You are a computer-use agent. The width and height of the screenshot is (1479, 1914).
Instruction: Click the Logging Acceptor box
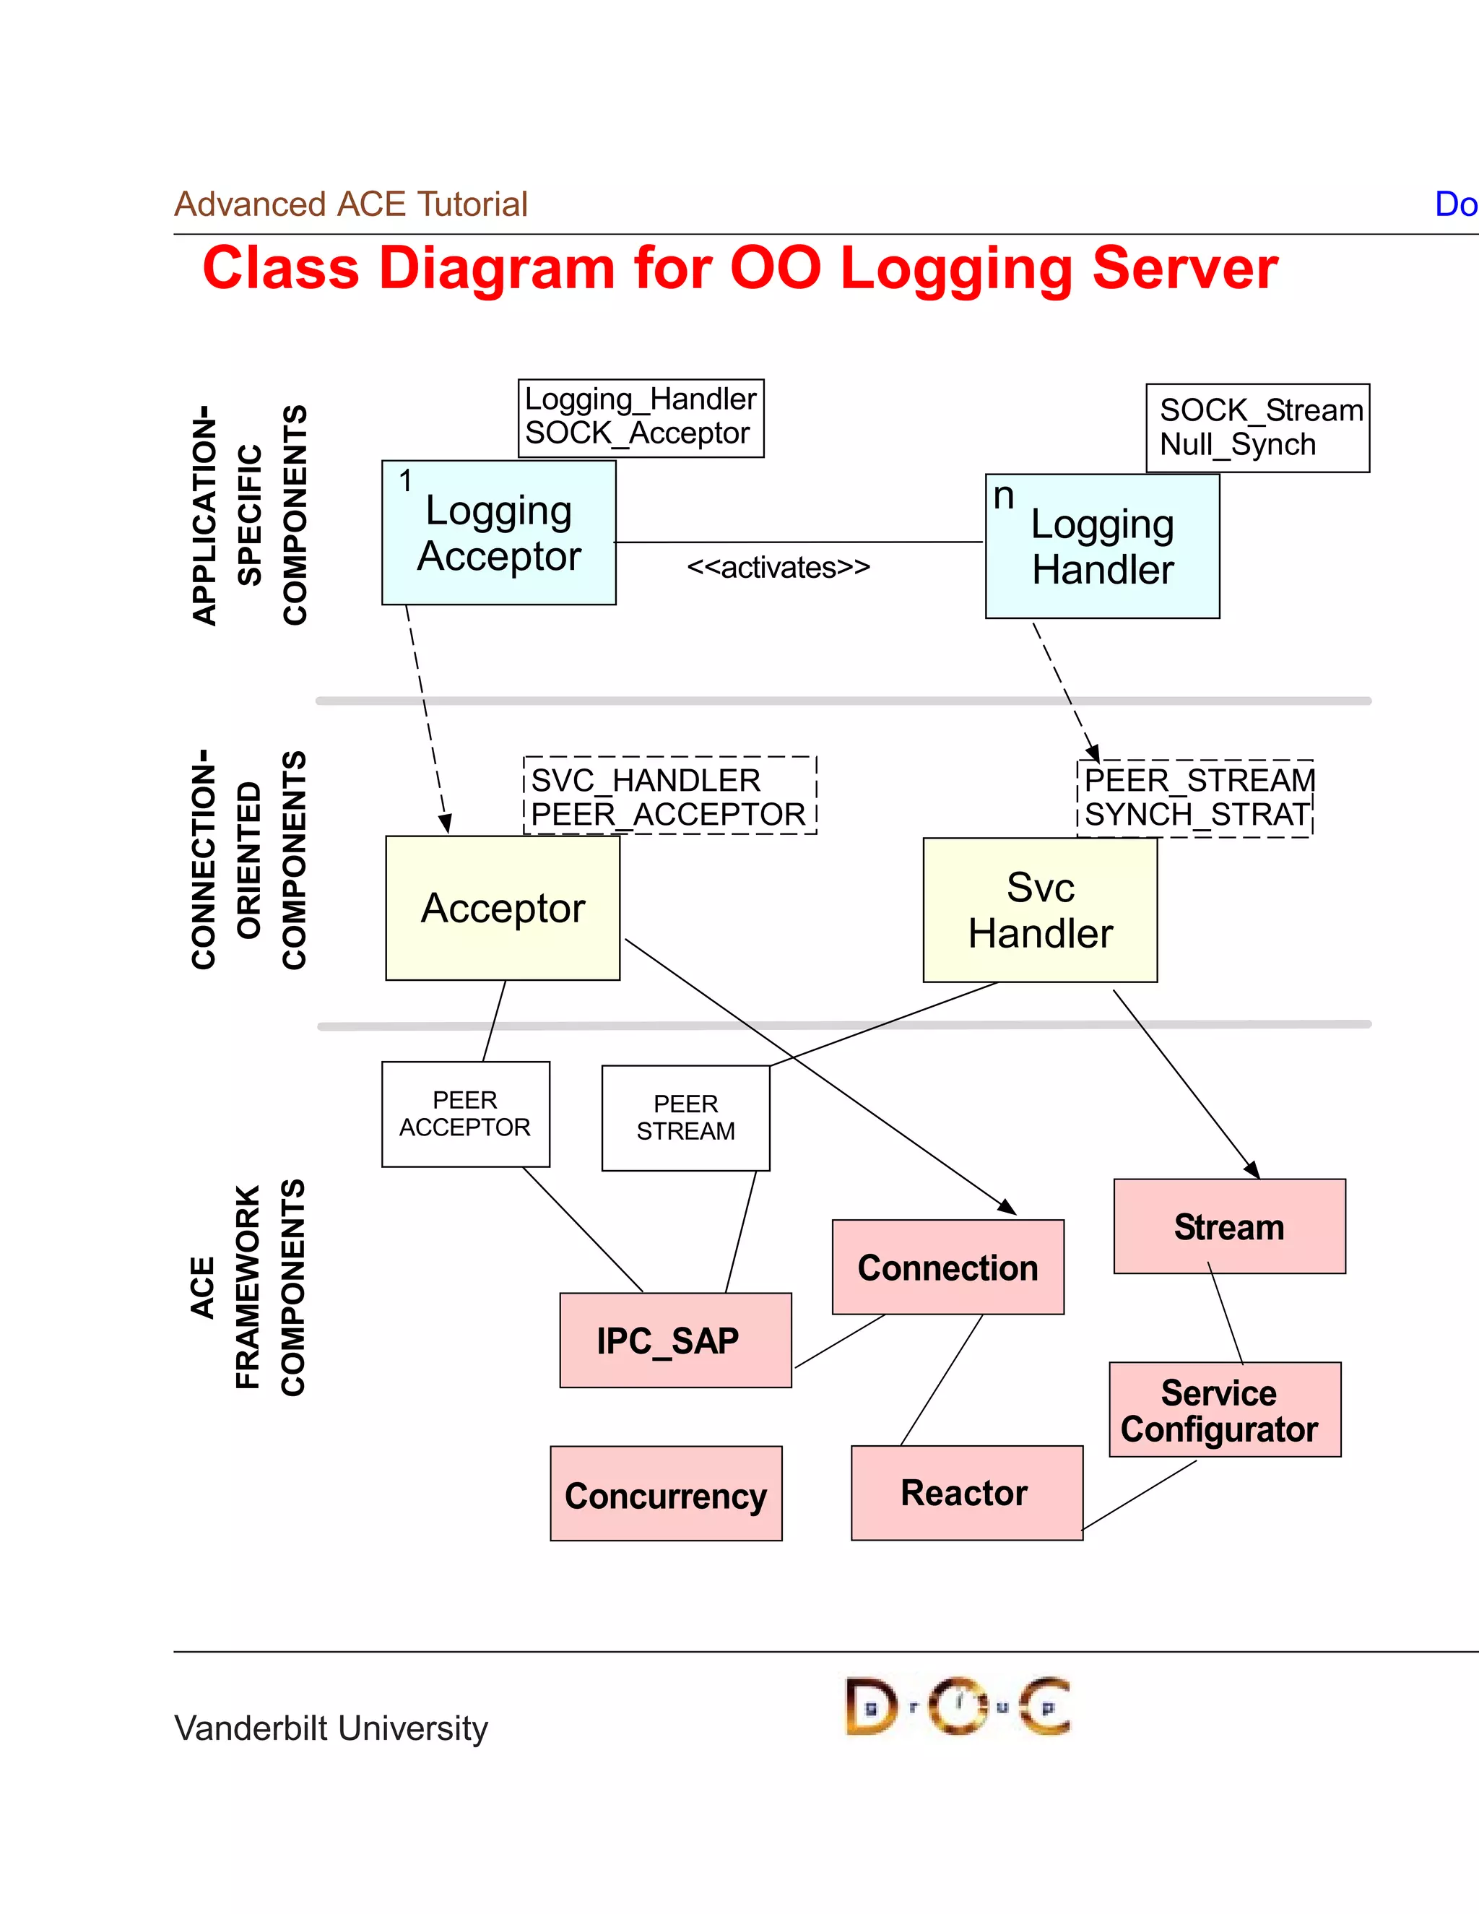click(498, 533)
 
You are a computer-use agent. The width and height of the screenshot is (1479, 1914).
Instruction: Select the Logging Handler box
click(1102, 547)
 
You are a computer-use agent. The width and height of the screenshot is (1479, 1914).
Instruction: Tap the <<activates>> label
click(778, 568)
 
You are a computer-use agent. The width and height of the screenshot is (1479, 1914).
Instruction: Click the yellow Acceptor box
click(502, 908)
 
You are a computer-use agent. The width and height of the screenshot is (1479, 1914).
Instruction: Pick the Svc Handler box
click(1040, 909)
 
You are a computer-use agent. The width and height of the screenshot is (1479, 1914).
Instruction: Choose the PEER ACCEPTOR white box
click(465, 1114)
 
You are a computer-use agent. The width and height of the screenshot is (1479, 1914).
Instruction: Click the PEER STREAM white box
click(685, 1118)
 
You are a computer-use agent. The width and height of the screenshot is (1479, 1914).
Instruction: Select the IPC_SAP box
click(675, 1340)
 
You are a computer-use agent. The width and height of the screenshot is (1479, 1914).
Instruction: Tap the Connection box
click(947, 1268)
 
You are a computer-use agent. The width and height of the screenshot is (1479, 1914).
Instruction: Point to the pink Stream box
click(1228, 1226)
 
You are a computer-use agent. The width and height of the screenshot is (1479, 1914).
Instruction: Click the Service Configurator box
click(1224, 1409)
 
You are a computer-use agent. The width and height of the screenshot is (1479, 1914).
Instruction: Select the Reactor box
click(966, 1492)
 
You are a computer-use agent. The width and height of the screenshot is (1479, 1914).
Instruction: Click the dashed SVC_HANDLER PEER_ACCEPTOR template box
click(669, 796)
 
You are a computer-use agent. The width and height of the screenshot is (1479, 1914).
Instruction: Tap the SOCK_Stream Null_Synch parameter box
click(1257, 428)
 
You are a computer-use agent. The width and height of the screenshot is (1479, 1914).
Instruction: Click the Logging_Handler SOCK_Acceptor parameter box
click(641, 417)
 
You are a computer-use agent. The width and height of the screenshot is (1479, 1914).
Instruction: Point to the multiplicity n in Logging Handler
click(1003, 497)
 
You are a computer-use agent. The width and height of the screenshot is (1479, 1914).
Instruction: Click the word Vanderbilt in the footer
click(251, 1728)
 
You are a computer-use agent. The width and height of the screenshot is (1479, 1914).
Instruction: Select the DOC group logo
click(957, 1705)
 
